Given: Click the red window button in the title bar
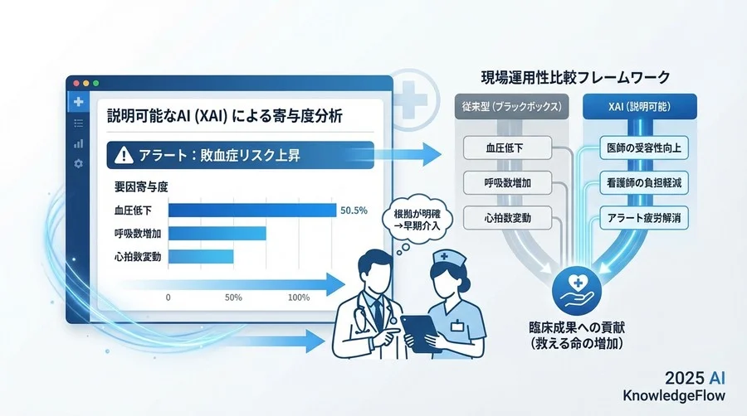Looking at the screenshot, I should tap(76, 84).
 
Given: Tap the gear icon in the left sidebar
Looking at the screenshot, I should tap(78, 163).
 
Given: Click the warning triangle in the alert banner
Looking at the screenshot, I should tap(124, 154).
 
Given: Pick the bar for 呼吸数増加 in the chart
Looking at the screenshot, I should tap(217, 233).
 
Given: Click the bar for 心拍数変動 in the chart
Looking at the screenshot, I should tap(200, 256).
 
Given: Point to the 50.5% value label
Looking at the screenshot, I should tap(354, 210).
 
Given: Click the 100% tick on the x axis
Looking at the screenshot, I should tap(297, 297).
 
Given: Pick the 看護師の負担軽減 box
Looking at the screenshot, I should tap(640, 183).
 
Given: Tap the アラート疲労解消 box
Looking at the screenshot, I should tap(640, 219).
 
